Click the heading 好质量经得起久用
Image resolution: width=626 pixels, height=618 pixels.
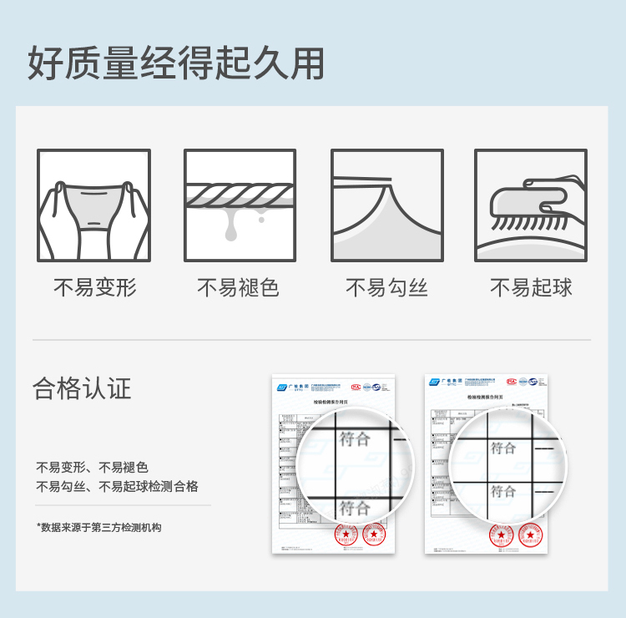coord(176,64)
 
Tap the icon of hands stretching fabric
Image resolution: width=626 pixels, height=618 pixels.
coord(93,205)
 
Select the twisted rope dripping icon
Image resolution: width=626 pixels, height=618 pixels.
coord(240,205)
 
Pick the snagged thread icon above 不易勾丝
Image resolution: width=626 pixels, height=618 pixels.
coord(386,205)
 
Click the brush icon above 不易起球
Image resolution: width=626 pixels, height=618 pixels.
coord(531,205)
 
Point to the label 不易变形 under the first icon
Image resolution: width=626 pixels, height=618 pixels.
coord(94,288)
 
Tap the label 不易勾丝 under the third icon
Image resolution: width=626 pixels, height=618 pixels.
coord(386,288)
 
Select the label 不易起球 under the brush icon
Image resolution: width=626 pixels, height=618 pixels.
coord(531,288)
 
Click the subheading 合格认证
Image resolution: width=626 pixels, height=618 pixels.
coord(82,388)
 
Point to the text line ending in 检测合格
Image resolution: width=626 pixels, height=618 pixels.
coord(117,486)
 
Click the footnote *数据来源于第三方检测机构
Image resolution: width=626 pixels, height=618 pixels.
coord(98,527)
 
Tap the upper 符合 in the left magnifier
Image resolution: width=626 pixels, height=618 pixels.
coord(355,438)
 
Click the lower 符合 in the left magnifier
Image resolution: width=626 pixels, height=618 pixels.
coord(355,507)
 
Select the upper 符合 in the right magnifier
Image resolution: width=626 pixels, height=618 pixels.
coord(503,448)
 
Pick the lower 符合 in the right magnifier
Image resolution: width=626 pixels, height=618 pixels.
coord(503,491)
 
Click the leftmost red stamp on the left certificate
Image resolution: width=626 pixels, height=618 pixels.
coord(346,534)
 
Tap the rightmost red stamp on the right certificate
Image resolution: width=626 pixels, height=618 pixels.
coord(530,534)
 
